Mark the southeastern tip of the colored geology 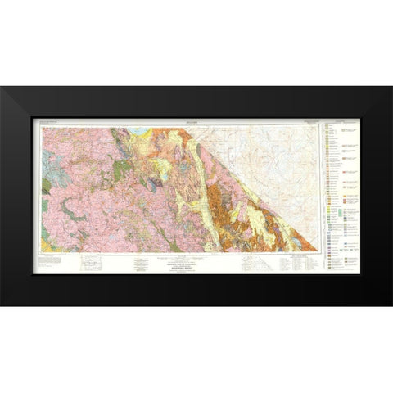pyautogui.click(x=314, y=248)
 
